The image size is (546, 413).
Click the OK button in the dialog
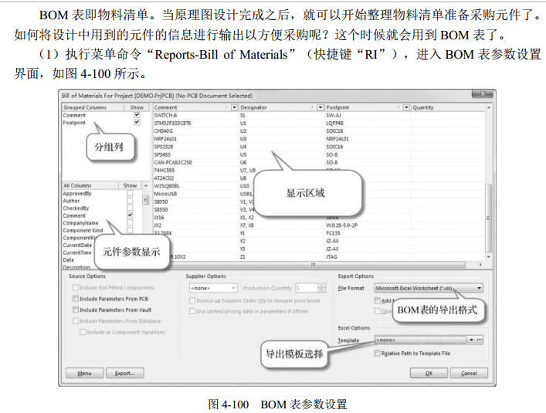pyautogui.click(x=427, y=373)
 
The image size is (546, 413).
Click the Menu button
pyautogui.click(x=84, y=373)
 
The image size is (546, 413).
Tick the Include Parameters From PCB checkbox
pyautogui.click(x=76, y=299)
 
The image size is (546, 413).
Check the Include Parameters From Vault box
pyautogui.click(x=76, y=310)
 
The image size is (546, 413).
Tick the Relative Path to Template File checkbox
pyautogui.click(x=377, y=353)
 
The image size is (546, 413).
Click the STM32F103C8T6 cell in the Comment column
pyautogui.click(x=173, y=123)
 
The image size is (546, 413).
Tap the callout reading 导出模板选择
pyautogui.click(x=294, y=354)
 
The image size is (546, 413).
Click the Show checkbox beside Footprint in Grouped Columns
pyautogui.click(x=137, y=123)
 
